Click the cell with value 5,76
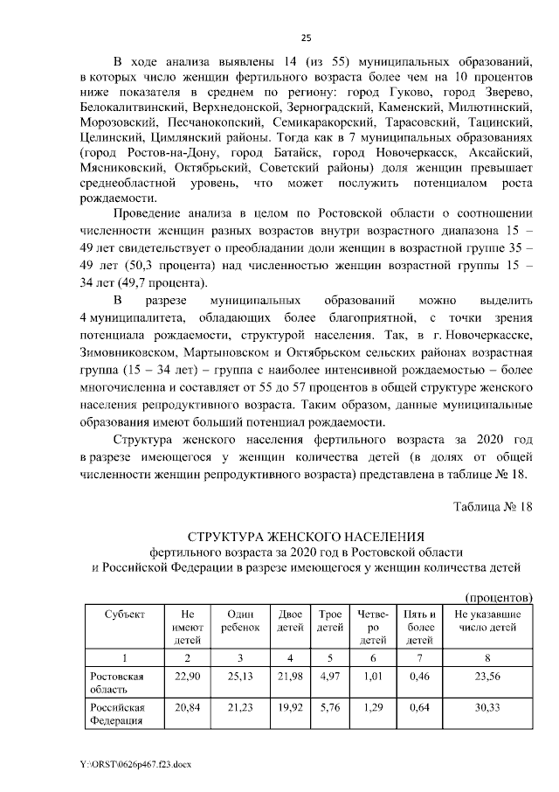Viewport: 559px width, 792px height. (x=329, y=705)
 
